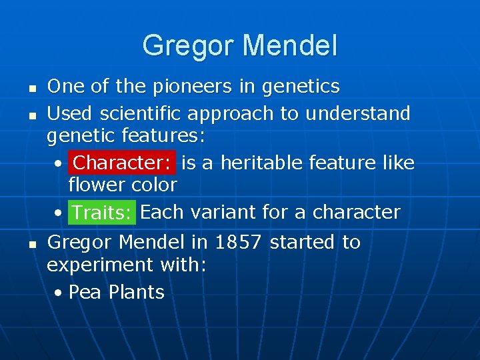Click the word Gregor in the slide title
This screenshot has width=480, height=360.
point(189,46)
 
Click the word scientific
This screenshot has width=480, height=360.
point(142,114)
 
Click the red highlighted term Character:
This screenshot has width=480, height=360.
point(123,163)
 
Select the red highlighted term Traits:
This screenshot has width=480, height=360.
point(101,213)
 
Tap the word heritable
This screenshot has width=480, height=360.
point(261,163)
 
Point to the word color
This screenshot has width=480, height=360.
point(154,185)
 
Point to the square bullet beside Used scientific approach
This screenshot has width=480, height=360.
point(31,115)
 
